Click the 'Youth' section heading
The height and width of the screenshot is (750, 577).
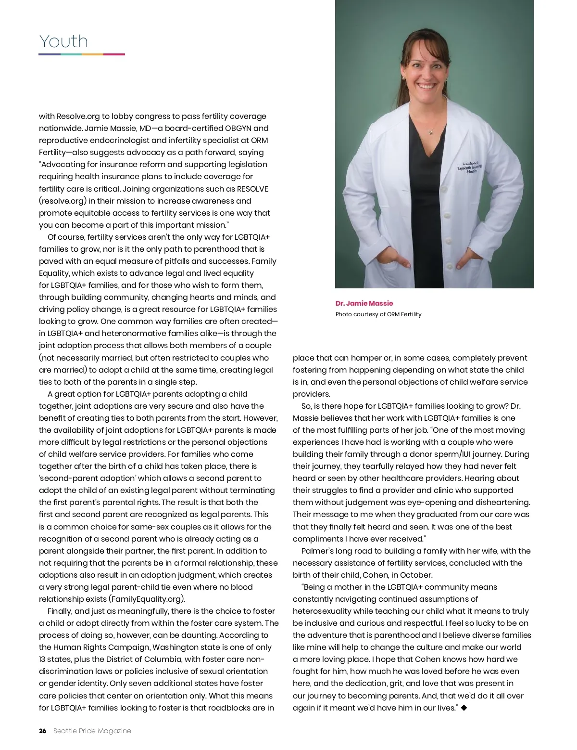pos(63,41)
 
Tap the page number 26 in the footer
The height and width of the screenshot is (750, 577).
pos(42,731)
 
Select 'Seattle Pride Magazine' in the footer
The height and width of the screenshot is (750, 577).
pos(92,731)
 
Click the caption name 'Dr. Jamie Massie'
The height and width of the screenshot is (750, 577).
pos(364,303)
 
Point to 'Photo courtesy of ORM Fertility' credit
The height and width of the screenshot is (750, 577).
pos(378,314)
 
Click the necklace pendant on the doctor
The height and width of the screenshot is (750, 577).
pos(431,131)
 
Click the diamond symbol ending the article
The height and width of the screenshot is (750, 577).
pos(464,708)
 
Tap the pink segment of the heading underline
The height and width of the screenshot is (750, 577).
pos(114,54)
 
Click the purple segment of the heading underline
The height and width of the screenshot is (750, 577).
pos(49,54)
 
